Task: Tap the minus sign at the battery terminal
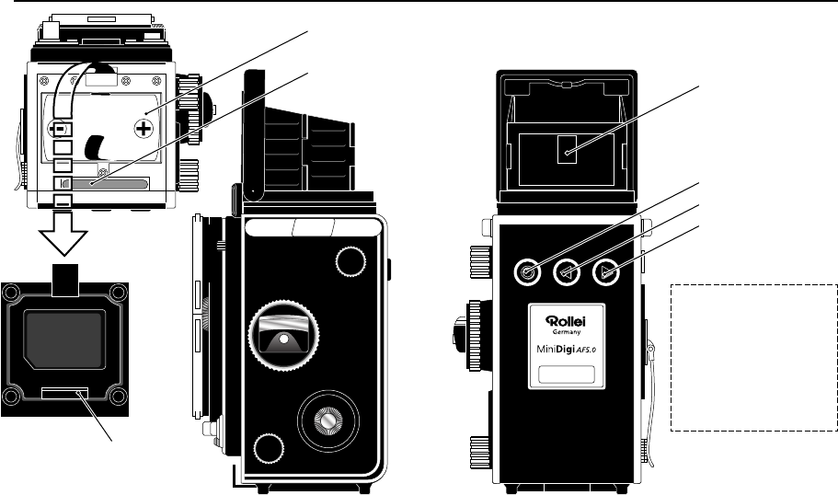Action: [x=61, y=127]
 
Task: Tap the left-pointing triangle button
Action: [x=567, y=271]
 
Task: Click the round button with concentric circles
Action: [x=527, y=271]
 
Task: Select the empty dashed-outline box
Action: [x=753, y=357]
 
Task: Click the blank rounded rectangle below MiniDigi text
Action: [x=565, y=374]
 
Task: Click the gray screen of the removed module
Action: [x=63, y=337]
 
